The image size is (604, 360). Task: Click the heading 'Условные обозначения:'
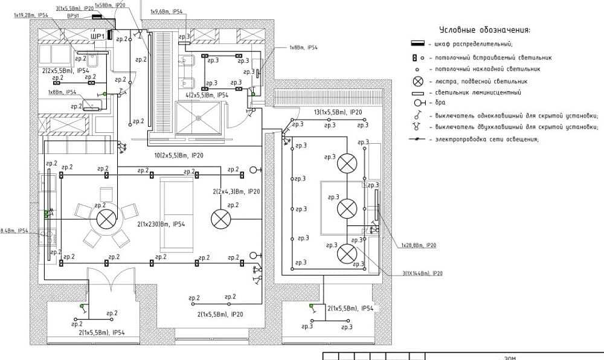point(485,30)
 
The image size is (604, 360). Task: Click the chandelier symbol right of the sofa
point(218,219)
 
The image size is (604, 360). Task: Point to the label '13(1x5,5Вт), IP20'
point(338,112)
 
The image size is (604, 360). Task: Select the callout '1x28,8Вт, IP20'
point(419,246)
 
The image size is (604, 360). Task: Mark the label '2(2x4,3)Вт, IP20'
point(236,191)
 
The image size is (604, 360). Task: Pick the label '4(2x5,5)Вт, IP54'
point(207,95)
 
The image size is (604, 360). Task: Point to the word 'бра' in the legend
point(439,104)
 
